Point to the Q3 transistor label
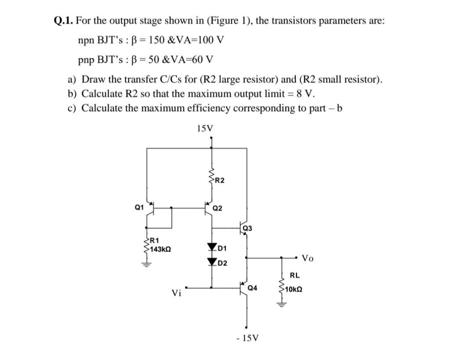point(248,228)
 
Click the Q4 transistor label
point(253,288)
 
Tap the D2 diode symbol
point(213,262)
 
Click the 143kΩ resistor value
point(161,249)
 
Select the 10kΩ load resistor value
point(293,290)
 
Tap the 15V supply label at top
point(205,129)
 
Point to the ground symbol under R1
point(146,264)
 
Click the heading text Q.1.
point(63,21)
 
